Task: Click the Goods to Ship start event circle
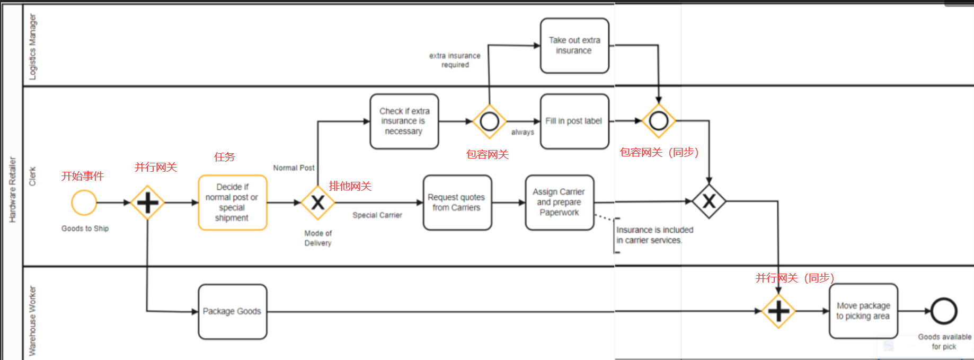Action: click(x=84, y=203)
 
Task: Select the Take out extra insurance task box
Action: click(x=574, y=46)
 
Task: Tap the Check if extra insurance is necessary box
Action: click(x=404, y=121)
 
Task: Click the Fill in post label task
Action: click(x=574, y=121)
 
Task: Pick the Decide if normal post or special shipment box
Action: click(x=232, y=203)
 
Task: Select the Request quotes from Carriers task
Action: click(x=457, y=203)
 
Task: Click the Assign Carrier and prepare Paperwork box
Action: click(x=559, y=203)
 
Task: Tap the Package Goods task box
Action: click(x=232, y=312)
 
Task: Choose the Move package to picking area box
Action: click(x=863, y=311)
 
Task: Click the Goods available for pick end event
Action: click(x=944, y=311)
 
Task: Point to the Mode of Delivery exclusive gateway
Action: click(x=317, y=203)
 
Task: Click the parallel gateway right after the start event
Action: click(x=147, y=203)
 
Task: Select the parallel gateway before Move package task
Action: click(x=778, y=311)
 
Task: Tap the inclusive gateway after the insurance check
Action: click(x=489, y=121)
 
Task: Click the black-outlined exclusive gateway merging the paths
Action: click(x=709, y=201)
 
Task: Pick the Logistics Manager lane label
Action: click(x=33, y=47)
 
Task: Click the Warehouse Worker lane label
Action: click(x=33, y=321)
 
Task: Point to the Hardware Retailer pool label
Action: click(x=13, y=190)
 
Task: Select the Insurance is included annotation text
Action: click(x=654, y=235)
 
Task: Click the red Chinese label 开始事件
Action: click(x=82, y=176)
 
